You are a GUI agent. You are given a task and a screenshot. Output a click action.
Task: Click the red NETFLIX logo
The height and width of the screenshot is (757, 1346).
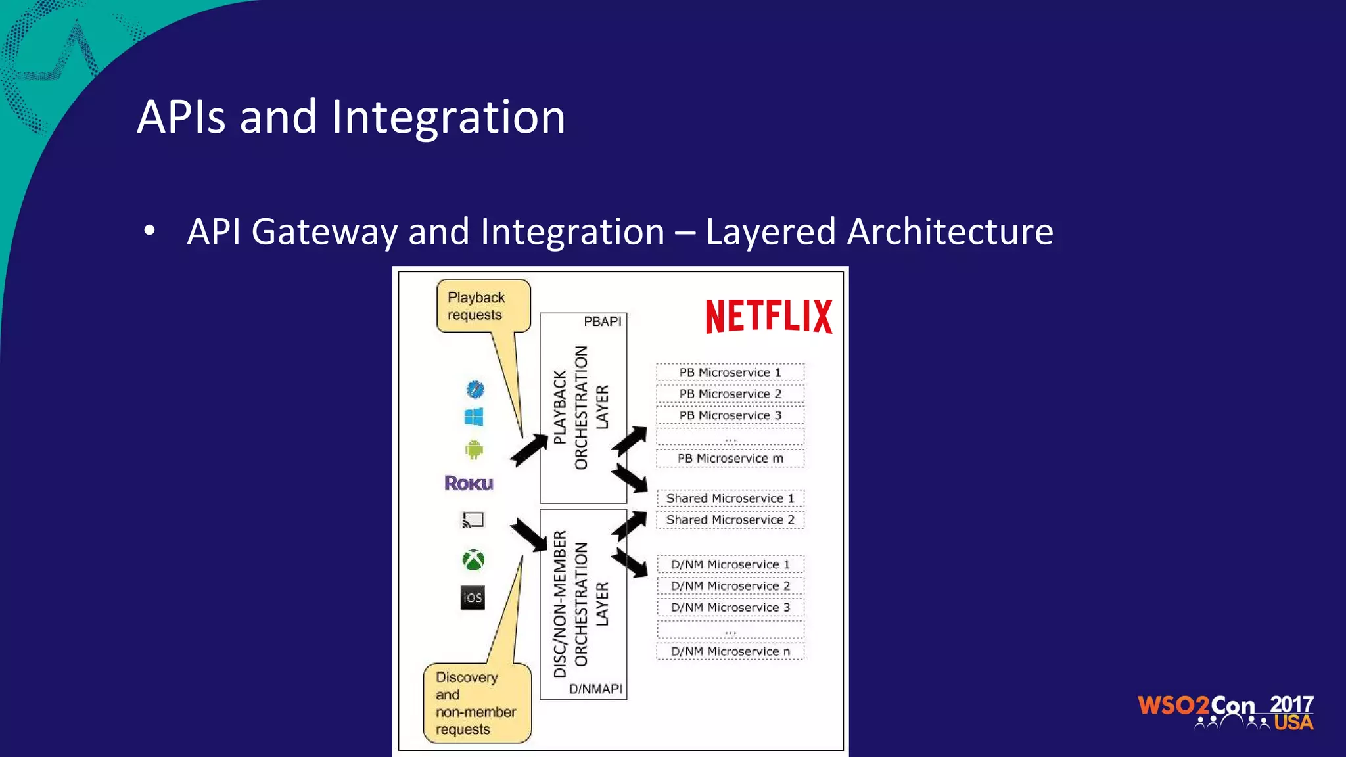(x=768, y=316)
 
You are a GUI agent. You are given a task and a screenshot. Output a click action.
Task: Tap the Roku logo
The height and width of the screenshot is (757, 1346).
(x=469, y=483)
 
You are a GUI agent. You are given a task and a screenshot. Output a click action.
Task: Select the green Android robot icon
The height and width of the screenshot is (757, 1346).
(x=474, y=449)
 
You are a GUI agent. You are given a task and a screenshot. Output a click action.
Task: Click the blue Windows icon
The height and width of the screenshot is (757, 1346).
(x=473, y=417)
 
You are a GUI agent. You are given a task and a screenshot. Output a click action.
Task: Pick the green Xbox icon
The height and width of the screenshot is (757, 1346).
(x=473, y=560)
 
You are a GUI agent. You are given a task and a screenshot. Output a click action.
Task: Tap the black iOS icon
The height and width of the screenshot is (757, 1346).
(x=473, y=597)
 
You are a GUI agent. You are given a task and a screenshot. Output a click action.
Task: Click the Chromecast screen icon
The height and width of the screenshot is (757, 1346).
(x=473, y=520)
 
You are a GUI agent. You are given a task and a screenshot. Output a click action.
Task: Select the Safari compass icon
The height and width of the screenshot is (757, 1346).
(x=475, y=389)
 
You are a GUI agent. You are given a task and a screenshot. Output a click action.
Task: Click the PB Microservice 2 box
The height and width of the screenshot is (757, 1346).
(x=730, y=394)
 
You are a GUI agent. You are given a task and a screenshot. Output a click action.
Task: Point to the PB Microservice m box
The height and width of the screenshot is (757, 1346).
(x=730, y=458)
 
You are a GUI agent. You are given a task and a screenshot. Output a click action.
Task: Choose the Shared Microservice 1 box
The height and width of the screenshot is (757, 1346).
(x=730, y=498)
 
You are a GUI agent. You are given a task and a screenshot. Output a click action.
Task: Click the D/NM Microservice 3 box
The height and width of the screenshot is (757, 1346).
(x=730, y=607)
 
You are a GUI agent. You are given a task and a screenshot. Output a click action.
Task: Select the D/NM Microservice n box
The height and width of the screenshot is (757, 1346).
(x=730, y=651)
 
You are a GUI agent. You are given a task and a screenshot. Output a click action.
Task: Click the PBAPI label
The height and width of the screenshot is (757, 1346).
(x=602, y=321)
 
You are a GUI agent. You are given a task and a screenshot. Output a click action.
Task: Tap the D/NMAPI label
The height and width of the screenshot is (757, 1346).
(x=595, y=689)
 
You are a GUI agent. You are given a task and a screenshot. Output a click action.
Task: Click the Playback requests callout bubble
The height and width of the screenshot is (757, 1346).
(x=482, y=306)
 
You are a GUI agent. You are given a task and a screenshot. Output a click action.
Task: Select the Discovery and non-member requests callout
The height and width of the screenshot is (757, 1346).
(x=476, y=703)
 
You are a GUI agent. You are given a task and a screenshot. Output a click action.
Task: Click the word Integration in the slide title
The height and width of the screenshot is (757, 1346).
(x=448, y=117)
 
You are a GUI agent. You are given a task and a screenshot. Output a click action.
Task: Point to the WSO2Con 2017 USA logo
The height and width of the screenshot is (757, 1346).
(x=1225, y=712)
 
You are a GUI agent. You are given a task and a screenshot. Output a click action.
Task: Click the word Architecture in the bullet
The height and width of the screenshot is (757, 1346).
(x=950, y=232)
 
